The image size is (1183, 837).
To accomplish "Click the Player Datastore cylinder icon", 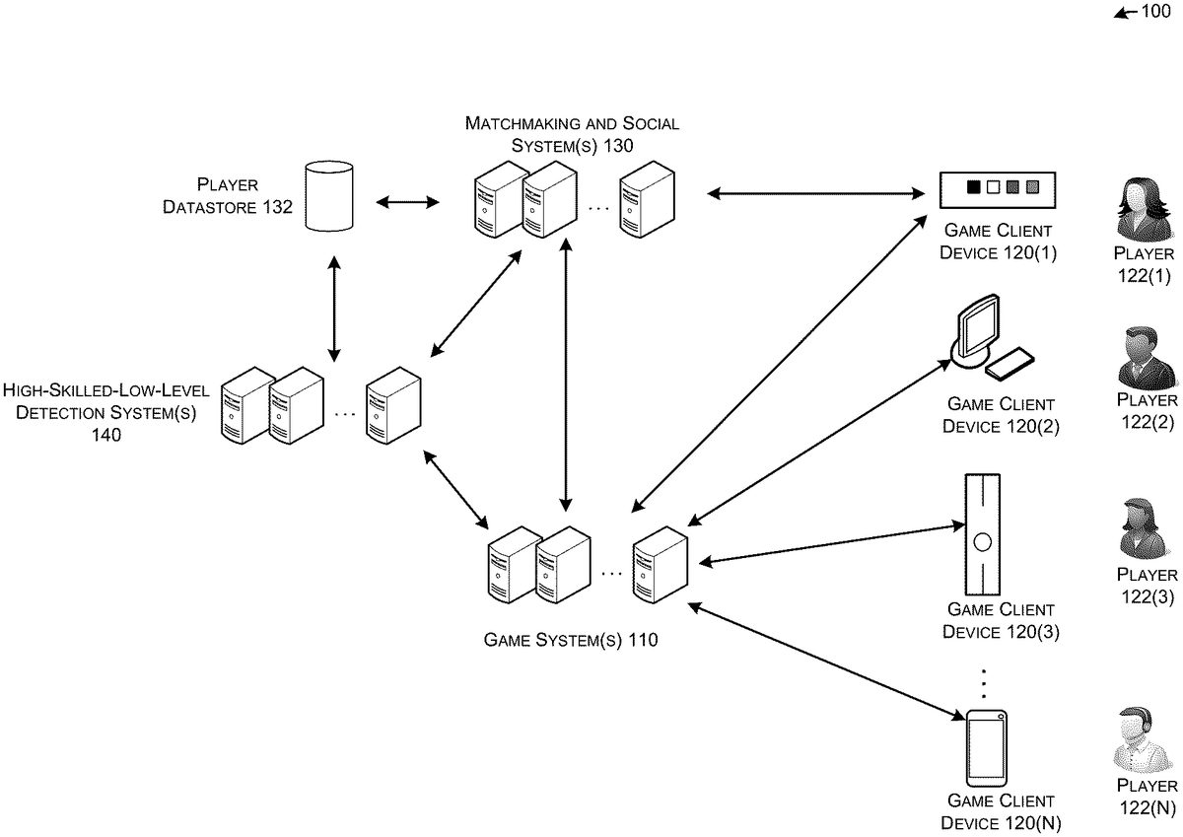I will tap(329, 197).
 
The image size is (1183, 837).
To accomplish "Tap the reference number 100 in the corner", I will tap(1155, 13).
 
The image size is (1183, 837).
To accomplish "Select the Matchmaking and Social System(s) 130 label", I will tap(572, 134).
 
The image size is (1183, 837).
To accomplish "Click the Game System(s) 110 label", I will tap(571, 640).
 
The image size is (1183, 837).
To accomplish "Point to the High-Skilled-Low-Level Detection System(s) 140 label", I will tap(105, 412).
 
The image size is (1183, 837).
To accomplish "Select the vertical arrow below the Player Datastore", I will tap(334, 308).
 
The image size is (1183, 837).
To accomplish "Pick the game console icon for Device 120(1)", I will tap(997, 188).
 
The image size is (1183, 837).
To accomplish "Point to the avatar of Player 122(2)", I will tap(1147, 357).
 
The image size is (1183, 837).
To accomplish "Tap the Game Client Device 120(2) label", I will tap(1000, 415).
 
